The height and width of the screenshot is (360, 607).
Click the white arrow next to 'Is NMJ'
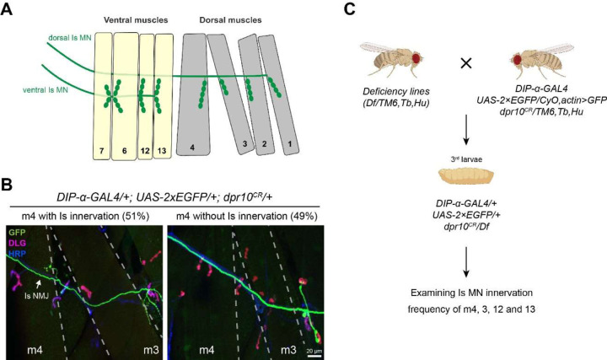coord(40,284)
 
